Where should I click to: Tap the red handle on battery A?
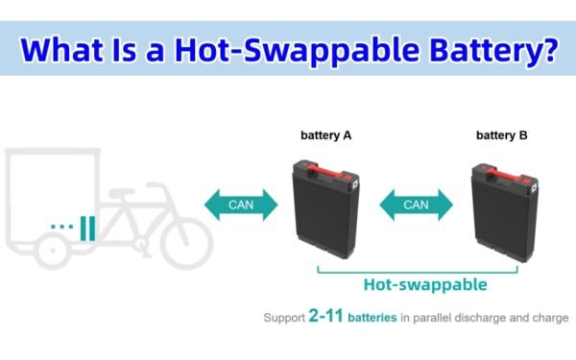[x=326, y=172]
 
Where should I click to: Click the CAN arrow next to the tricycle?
[x=240, y=204]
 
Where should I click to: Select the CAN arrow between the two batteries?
[x=416, y=204]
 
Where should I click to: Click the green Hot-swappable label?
[x=425, y=284]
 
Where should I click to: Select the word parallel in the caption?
[x=436, y=316]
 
